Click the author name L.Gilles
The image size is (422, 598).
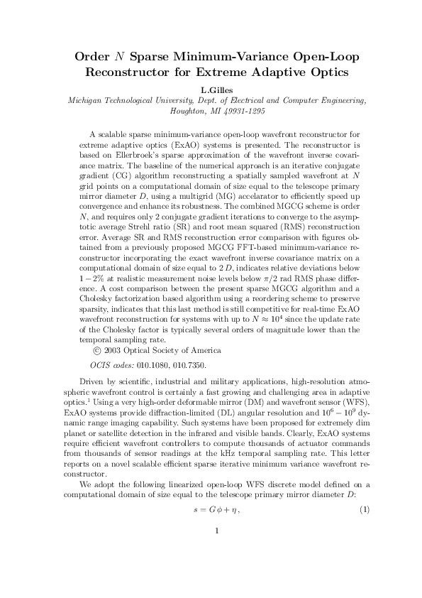point(211,90)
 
